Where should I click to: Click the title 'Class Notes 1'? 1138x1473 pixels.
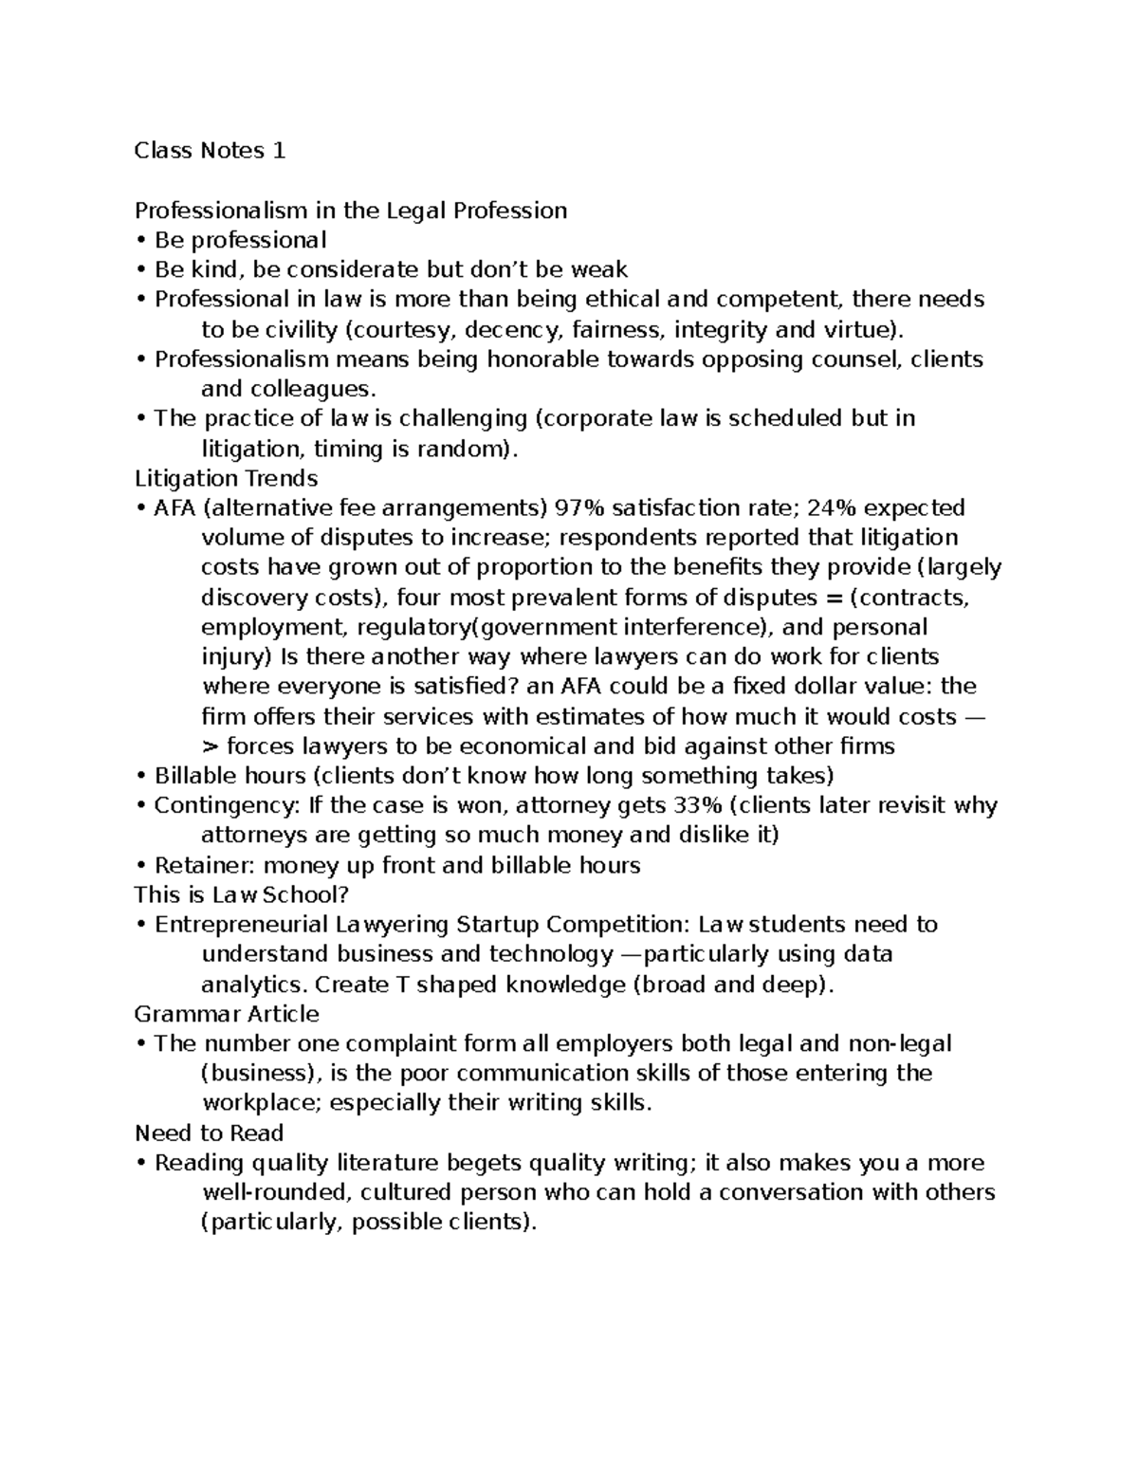[x=210, y=151]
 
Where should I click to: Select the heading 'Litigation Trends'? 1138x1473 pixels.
[x=226, y=478]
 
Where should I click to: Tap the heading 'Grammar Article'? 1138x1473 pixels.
[x=227, y=1014]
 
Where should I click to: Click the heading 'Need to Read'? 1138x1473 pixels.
[x=209, y=1133]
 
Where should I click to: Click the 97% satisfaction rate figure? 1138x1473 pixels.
[x=579, y=508]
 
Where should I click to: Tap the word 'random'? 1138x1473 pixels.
[x=465, y=449]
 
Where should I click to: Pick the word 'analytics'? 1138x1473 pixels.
[x=253, y=985]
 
